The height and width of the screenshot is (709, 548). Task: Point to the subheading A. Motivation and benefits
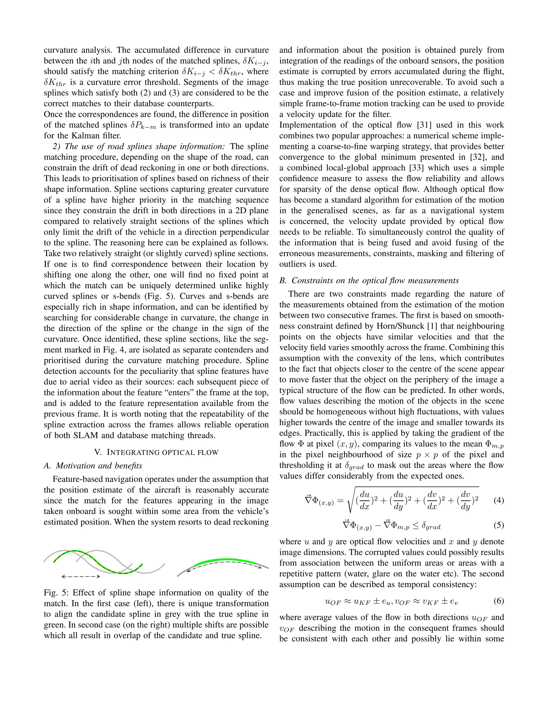click(93, 466)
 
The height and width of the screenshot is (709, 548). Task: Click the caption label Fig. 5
click(56, 593)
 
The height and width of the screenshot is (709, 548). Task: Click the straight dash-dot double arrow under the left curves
click(81, 577)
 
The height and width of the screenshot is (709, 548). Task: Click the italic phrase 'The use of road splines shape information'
click(144, 146)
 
